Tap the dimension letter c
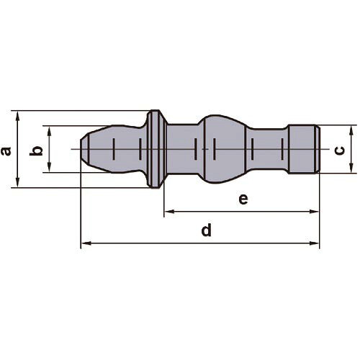click(x=340, y=150)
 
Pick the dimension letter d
click(x=207, y=230)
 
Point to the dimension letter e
click(x=243, y=199)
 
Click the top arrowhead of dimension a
click(x=17, y=116)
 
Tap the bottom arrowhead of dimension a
click(x=17, y=183)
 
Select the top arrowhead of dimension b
click(x=49, y=131)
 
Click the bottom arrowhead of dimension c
click(x=351, y=168)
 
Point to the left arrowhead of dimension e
click(x=169, y=212)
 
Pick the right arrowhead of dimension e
click(x=314, y=212)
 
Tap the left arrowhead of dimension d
click(x=86, y=243)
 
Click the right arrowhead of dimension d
click(x=314, y=243)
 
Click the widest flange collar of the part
click(x=155, y=149)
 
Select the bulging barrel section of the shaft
click(x=225, y=149)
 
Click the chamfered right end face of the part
click(x=318, y=149)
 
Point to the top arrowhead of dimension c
click(x=351, y=130)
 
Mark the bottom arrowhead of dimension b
click(x=49, y=167)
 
